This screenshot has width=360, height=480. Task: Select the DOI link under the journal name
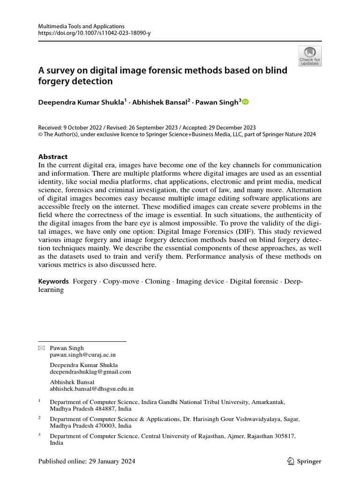94,33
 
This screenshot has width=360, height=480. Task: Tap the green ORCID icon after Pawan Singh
246,102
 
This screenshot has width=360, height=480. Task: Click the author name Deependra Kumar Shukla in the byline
81,102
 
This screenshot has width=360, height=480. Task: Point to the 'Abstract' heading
52,157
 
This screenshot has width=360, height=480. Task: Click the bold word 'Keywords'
53,281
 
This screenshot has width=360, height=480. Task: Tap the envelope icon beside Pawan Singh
41,348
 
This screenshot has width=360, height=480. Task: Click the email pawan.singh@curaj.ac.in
82,355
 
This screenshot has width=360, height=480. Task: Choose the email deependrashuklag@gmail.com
90,371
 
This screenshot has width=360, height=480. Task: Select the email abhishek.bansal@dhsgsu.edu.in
92,389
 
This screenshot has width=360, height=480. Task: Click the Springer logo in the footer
304,461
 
